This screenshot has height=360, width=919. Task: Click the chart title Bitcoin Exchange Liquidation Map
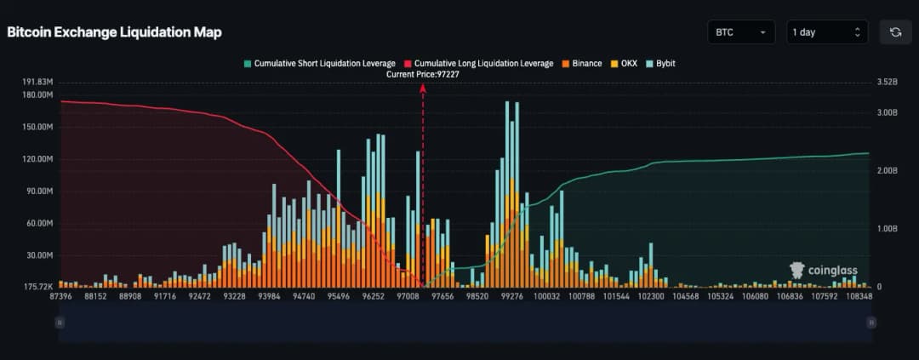tap(114, 32)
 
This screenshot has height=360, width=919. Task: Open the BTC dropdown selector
tap(740, 32)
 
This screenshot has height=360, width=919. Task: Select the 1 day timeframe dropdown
tap(826, 32)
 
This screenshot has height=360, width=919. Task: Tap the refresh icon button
tap(895, 32)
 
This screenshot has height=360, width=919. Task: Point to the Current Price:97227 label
tap(423, 74)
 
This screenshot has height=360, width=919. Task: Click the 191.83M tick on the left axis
tap(38, 82)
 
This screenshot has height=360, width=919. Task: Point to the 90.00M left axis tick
tap(38, 191)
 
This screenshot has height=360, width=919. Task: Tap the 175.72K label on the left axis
tap(38, 287)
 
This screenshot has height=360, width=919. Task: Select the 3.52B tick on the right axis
tap(887, 82)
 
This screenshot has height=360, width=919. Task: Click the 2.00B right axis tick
tap(887, 171)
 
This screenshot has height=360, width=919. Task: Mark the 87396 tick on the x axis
tap(61, 296)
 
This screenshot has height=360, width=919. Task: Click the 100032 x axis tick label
tap(546, 296)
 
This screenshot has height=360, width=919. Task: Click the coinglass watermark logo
tap(822, 271)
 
